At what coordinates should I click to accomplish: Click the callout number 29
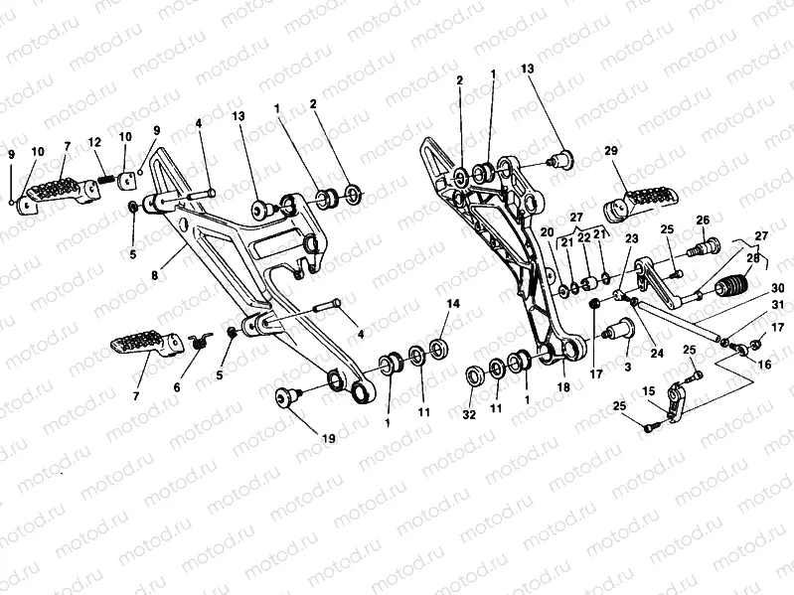click(611, 150)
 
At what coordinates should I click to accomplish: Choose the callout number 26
click(702, 220)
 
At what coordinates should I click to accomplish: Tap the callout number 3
click(627, 367)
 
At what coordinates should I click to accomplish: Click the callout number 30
click(777, 288)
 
